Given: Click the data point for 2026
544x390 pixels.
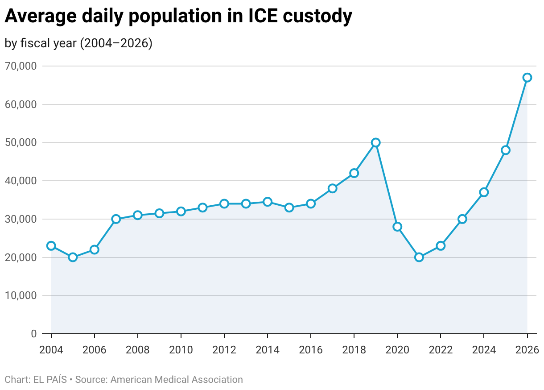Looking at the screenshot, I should (527, 78).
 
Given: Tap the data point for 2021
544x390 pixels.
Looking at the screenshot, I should (419, 257).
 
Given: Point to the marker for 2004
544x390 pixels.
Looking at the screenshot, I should (51, 246).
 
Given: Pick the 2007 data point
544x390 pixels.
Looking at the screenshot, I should (116, 219).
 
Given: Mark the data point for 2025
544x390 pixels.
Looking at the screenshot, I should (505, 150).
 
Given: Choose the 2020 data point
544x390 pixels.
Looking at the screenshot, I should (397, 227).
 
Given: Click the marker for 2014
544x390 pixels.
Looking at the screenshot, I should (268, 202).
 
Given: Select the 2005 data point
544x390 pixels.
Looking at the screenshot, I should (73, 257).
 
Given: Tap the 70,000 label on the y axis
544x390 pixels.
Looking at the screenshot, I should (21, 66).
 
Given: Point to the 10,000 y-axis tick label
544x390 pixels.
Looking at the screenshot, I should (21, 295).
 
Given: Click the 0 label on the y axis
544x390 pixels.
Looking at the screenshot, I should (34, 334).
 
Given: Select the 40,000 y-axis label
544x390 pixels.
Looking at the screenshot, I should (21, 181).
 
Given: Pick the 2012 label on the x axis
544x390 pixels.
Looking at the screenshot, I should (224, 349).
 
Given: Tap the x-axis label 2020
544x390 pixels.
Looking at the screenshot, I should (397, 349).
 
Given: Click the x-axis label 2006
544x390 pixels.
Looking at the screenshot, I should (95, 349).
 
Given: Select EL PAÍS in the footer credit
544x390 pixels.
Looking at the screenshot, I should (50, 380).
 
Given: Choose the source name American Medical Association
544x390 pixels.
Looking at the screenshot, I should (177, 380).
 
